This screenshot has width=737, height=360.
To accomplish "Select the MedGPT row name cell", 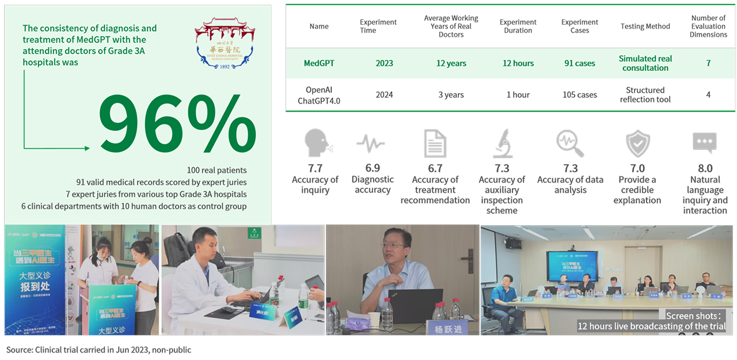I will [318, 63].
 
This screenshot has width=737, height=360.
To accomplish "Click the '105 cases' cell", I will [579, 94].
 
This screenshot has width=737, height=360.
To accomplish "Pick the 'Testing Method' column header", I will [645, 26].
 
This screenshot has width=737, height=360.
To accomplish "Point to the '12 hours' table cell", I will [518, 63].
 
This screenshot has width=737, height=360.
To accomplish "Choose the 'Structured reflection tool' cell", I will [645, 94].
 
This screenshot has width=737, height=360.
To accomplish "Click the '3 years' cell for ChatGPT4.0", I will [451, 94].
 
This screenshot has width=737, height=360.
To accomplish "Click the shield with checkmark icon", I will [637, 143].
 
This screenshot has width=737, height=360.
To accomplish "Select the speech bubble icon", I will [704, 143].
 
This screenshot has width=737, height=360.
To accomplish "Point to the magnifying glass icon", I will [569, 143].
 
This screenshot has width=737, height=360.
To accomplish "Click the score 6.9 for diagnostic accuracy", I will [372, 168].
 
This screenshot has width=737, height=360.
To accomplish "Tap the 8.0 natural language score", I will [705, 168].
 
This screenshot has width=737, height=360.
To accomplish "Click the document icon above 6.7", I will [435, 143].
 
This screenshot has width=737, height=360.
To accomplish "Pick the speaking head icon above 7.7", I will [316, 143].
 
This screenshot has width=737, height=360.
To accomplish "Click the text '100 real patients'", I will [216, 170].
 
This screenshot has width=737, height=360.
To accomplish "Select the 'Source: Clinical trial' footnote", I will [98, 350].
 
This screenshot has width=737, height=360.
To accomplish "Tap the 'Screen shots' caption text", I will [693, 316].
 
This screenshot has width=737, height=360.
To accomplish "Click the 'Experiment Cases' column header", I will [579, 26].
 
